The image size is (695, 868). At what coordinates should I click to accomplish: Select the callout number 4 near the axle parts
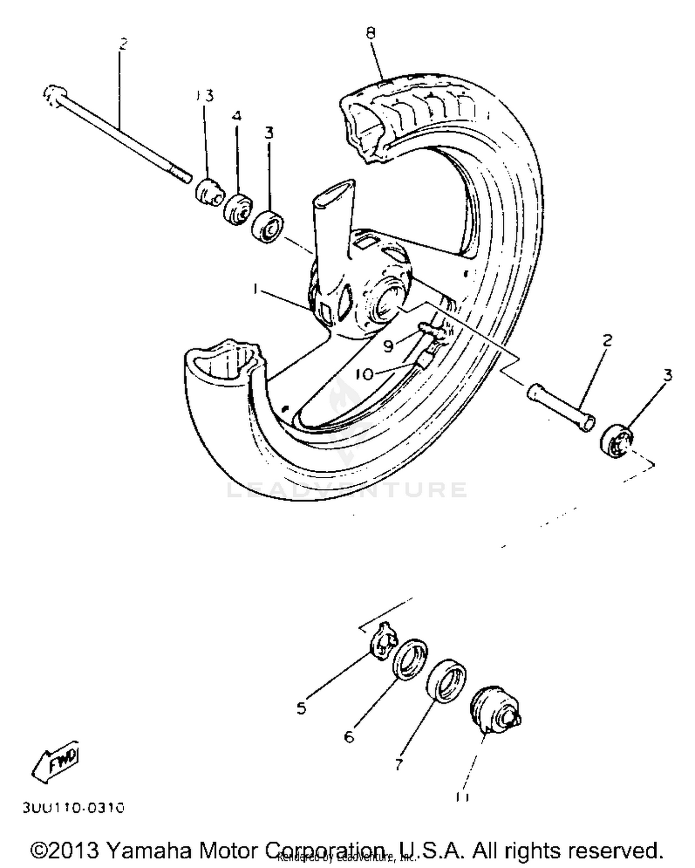pyautogui.click(x=236, y=115)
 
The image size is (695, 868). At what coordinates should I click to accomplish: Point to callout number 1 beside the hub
pyautogui.click(x=255, y=289)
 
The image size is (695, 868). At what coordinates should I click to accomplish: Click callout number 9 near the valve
pyautogui.click(x=388, y=345)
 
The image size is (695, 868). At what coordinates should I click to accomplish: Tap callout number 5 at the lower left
pyautogui.click(x=302, y=708)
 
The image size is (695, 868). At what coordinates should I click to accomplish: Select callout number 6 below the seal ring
pyautogui.click(x=349, y=736)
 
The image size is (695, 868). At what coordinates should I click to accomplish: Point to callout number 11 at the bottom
pyautogui.click(x=462, y=797)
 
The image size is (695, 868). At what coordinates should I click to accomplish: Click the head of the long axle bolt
pyautogui.click(x=51, y=95)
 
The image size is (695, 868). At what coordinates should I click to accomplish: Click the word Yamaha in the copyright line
pyautogui.click(x=150, y=850)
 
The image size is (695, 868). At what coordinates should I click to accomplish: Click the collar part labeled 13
pyautogui.click(x=208, y=191)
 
